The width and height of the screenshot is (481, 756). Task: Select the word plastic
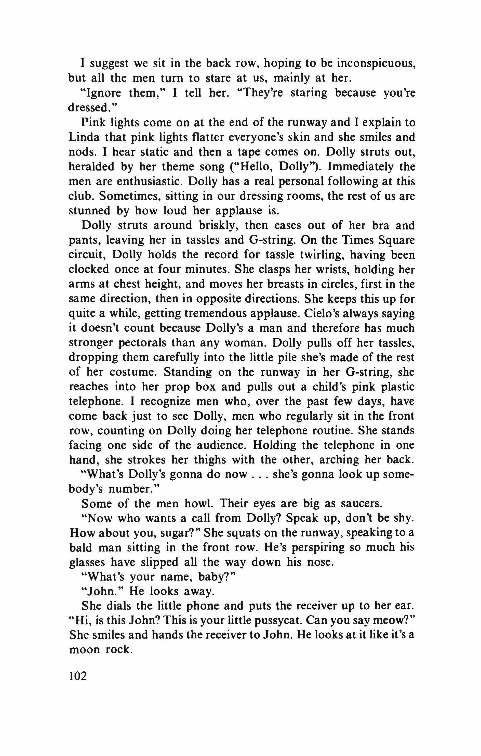(397, 387)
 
